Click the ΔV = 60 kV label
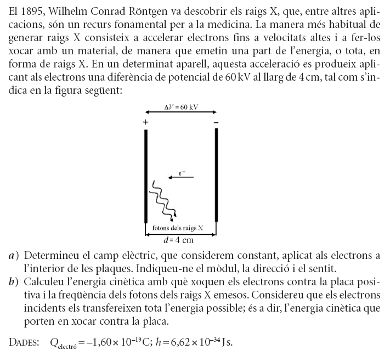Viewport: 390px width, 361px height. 181,107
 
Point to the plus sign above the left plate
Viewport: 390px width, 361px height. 145,122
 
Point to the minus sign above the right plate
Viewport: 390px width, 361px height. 216,122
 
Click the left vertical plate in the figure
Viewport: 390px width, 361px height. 146,176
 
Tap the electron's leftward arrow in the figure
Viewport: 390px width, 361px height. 181,177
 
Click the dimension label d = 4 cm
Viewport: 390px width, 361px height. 179,240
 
